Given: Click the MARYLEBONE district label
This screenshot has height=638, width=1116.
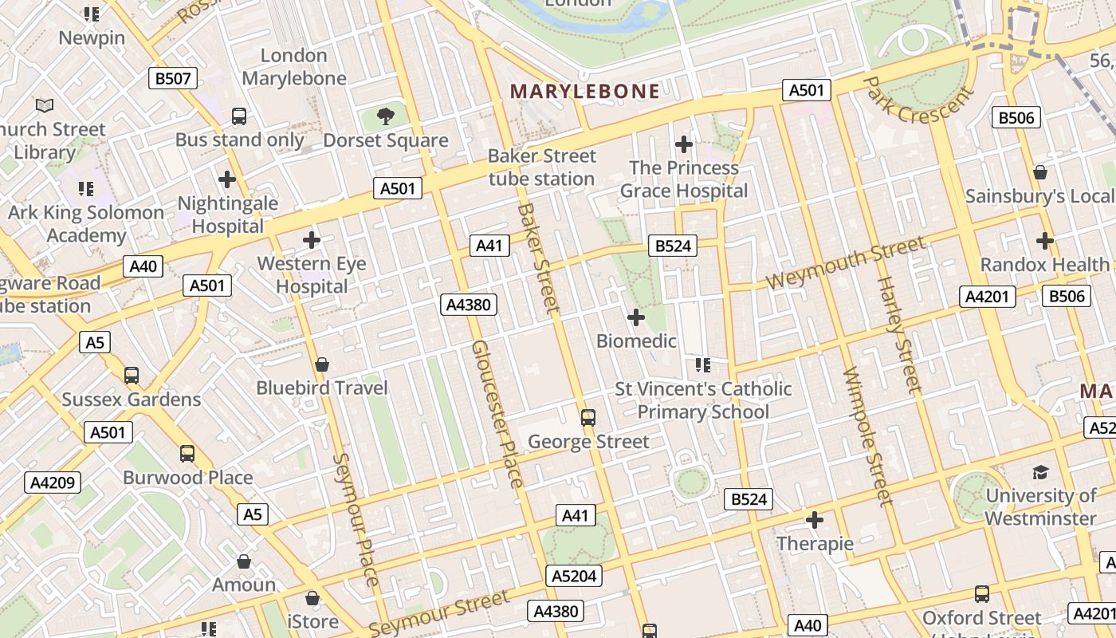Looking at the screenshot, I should pyautogui.click(x=585, y=91).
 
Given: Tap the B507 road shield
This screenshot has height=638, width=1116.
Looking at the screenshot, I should pyautogui.click(x=173, y=78).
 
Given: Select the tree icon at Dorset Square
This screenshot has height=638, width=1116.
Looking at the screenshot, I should pyautogui.click(x=386, y=116).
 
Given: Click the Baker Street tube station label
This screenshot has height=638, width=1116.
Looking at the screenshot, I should pyautogui.click(x=542, y=167).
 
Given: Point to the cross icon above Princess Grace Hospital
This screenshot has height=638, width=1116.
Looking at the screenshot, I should pyautogui.click(x=683, y=144).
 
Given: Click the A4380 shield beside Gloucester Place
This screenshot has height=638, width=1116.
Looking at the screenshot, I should pyautogui.click(x=470, y=304).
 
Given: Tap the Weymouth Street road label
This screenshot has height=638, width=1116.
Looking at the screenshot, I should pyautogui.click(x=846, y=264).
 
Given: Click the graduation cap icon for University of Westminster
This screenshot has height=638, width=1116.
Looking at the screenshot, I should pyautogui.click(x=1040, y=472).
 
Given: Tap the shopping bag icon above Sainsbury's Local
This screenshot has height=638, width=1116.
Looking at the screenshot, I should pyautogui.click(x=1039, y=172).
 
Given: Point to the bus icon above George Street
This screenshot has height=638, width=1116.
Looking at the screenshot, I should pyautogui.click(x=588, y=417).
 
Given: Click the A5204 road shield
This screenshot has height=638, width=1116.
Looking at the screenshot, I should pyautogui.click(x=574, y=576).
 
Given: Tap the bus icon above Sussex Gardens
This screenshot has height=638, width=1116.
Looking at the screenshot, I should pyautogui.click(x=132, y=375).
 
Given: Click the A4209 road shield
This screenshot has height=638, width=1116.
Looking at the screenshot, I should pyautogui.click(x=53, y=482).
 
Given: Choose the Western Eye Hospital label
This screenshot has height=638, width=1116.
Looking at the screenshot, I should pyautogui.click(x=312, y=274).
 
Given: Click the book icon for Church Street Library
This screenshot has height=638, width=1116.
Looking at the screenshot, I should pyautogui.click(x=45, y=105).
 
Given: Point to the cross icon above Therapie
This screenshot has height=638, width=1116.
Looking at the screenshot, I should pyautogui.click(x=814, y=521).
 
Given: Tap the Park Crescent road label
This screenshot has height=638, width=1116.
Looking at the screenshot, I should pyautogui.click(x=918, y=100).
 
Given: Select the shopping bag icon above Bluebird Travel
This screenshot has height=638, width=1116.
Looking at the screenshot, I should pyautogui.click(x=321, y=364).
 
